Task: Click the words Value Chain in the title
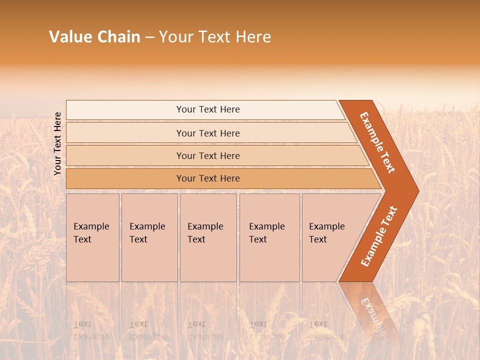(94, 37)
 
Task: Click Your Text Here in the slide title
(215, 37)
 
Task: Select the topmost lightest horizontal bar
(125, 110)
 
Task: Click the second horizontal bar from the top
(125, 133)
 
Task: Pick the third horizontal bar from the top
(125, 155)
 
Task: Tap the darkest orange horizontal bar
(125, 178)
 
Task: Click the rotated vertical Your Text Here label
(58, 143)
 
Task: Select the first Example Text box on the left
(92, 237)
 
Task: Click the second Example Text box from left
(149, 237)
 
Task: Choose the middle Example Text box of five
(208, 237)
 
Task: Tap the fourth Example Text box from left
(269, 237)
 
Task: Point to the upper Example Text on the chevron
(377, 142)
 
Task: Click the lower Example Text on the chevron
(379, 236)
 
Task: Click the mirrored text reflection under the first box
(91, 330)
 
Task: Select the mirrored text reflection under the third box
(205, 330)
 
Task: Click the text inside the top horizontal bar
(208, 109)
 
